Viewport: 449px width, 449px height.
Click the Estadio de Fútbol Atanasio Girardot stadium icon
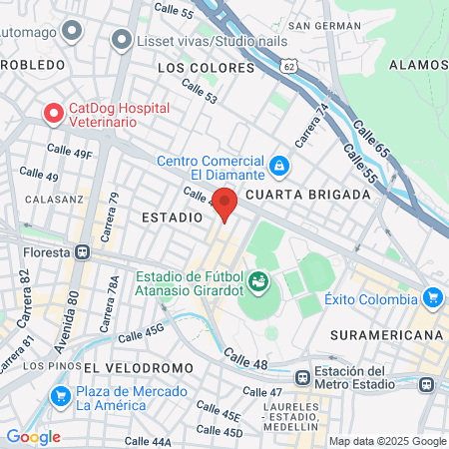coord(259,281)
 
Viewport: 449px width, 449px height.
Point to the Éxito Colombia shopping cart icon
coord(432,296)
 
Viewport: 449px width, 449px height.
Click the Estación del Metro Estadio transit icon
coord(428,383)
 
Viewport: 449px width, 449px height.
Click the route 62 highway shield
coord(289,65)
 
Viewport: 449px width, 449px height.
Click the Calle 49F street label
coord(69,155)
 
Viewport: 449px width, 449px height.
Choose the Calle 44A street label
coord(148,440)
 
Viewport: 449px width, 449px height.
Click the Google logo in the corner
coord(33,437)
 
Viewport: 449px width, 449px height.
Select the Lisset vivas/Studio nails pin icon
coord(122,40)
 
